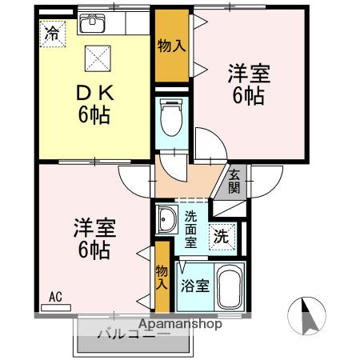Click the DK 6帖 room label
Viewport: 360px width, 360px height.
click(x=94, y=103)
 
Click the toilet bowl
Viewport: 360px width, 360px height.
click(x=170, y=120)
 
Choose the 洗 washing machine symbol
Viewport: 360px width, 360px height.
click(x=221, y=237)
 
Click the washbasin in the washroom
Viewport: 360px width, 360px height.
click(x=167, y=219)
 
